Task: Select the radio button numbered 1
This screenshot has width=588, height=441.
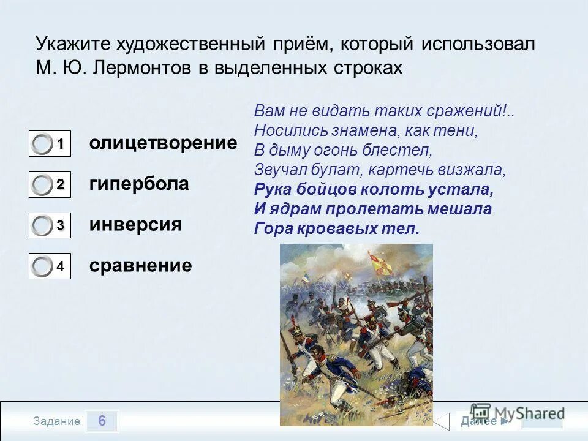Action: (43, 145)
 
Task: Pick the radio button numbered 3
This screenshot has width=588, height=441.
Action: (43, 226)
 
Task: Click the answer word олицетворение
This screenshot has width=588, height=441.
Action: (163, 143)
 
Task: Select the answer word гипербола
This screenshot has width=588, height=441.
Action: (139, 184)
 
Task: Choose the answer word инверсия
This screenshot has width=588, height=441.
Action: (135, 224)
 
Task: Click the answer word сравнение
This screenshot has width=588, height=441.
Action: (140, 265)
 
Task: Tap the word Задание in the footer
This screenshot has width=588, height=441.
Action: (57, 421)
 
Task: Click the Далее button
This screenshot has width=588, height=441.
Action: (484, 421)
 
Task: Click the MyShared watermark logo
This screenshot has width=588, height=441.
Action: (518, 413)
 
